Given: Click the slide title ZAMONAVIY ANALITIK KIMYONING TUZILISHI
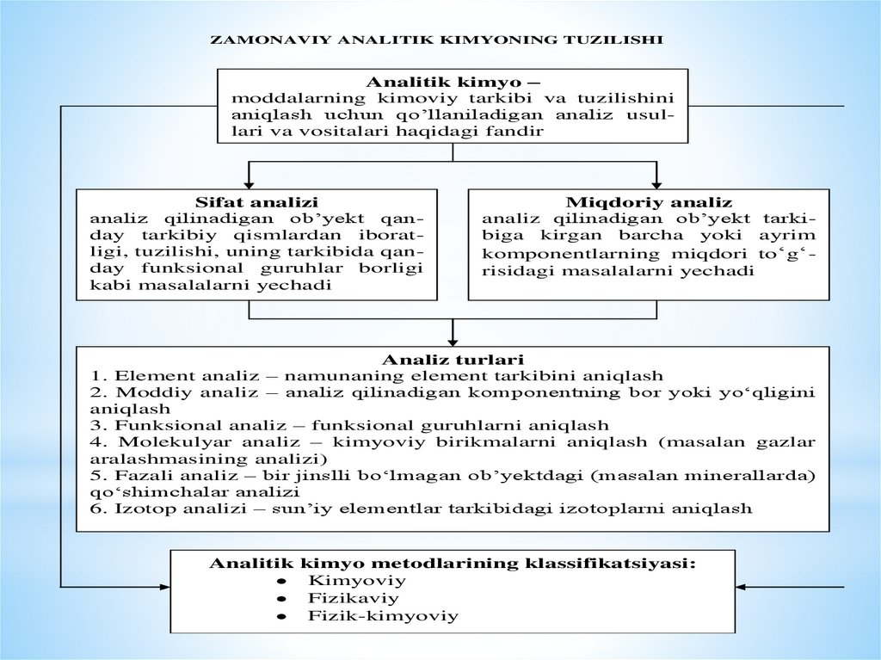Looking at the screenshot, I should [436, 40].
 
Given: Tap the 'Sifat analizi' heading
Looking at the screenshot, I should [256, 203].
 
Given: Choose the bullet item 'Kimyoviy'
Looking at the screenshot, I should [343, 581].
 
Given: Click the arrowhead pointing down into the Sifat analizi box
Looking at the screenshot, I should [249, 182].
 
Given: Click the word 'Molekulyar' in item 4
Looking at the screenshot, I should [148, 442].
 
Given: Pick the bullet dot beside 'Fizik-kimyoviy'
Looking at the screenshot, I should [281, 618].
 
